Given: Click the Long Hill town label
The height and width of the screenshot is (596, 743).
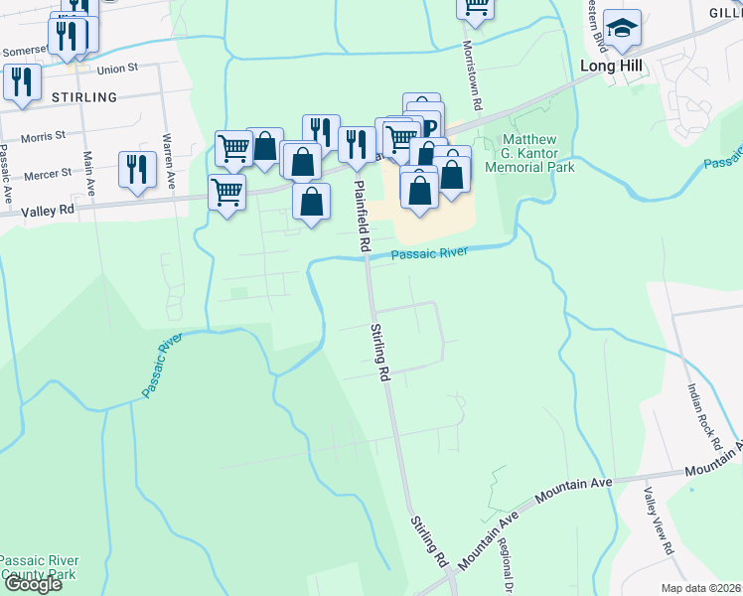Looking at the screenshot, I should (611, 66).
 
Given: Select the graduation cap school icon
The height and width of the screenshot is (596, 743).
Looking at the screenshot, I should (622, 29).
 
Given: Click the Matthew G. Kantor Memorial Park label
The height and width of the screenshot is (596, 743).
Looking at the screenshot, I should (529, 153).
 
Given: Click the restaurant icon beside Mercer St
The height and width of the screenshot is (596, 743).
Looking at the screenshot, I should (137, 168).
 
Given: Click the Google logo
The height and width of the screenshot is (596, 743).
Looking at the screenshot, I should (32, 584).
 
